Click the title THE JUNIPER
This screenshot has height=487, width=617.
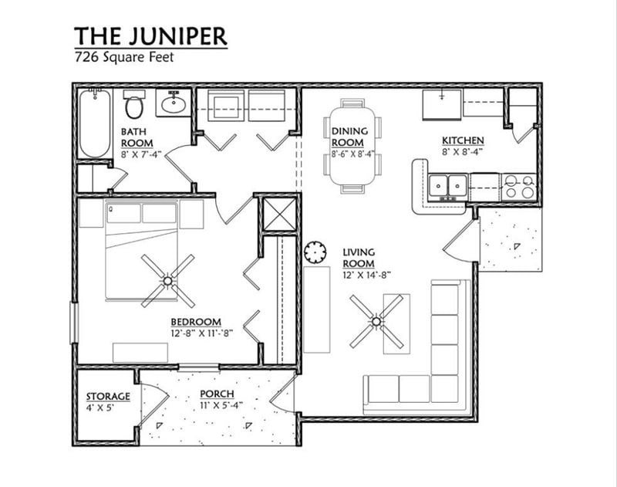click(150, 36)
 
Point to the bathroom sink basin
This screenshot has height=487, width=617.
click(174, 103)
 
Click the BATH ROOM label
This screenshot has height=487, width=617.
click(136, 137)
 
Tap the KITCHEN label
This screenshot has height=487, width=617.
click(463, 140)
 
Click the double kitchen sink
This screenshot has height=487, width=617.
click(448, 185)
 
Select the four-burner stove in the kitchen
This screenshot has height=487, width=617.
click(518, 186)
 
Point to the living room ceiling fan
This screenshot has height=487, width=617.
click(376, 320)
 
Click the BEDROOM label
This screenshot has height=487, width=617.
click(196, 322)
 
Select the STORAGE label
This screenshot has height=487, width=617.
click(107, 397)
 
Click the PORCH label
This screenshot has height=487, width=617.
click(217, 394)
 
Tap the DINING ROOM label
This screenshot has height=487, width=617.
click(349, 137)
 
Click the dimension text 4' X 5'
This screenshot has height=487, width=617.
click(100, 408)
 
